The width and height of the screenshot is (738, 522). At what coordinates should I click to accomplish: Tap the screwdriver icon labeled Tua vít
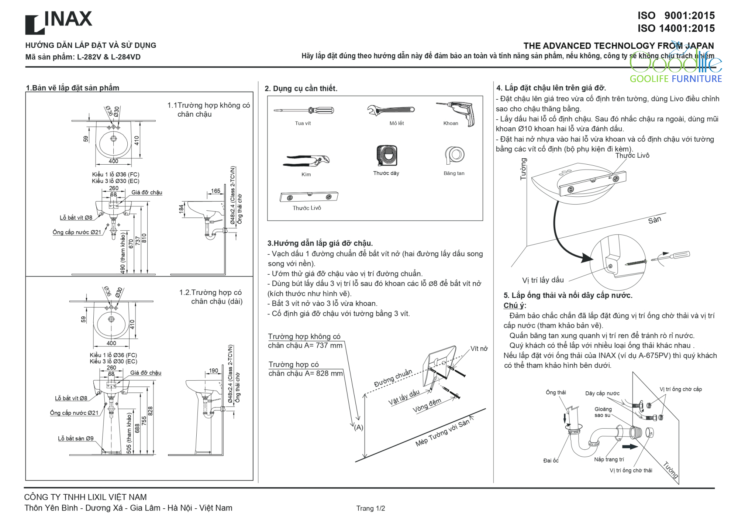click(x=304, y=110)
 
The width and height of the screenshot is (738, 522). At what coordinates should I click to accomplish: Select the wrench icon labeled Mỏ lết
click(x=391, y=110)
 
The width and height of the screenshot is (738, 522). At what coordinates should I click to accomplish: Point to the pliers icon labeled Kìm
click(x=306, y=161)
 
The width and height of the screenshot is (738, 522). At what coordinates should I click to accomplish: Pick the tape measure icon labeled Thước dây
click(x=386, y=155)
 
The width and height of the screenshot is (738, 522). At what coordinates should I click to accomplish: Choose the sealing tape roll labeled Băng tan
click(x=455, y=155)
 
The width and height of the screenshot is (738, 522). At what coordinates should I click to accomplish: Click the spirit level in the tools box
click(x=308, y=197)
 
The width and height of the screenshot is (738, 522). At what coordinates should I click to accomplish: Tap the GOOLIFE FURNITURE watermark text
click(x=675, y=79)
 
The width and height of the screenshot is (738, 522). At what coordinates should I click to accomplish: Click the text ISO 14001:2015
click(x=676, y=28)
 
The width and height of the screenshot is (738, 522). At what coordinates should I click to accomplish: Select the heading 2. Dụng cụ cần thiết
click(x=301, y=89)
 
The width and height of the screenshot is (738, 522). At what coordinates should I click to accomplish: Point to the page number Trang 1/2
click(x=370, y=508)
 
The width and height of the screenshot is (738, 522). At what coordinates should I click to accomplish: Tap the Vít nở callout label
click(x=479, y=349)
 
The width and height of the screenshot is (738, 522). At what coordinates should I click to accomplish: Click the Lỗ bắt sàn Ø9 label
click(x=76, y=439)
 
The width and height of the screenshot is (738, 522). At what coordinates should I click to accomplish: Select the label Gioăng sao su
click(x=603, y=412)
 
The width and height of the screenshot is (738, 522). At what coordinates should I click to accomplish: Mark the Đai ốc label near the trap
click(x=551, y=460)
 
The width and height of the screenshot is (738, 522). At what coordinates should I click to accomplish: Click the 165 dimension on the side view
click(x=215, y=191)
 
